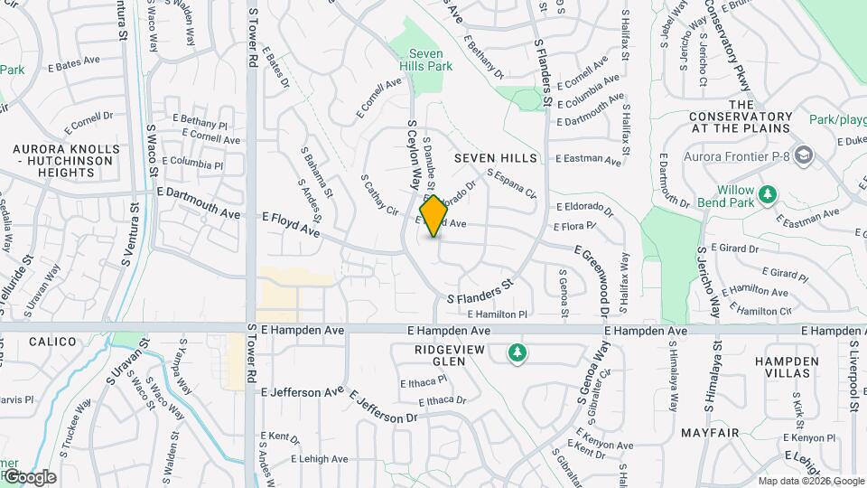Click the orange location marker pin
pos(434,216)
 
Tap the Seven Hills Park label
pos(425,60)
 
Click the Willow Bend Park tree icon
pos(768,193)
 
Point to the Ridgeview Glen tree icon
pos(517,352)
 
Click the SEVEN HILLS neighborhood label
pos(495,158)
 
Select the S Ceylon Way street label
pos(414,155)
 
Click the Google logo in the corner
pos(29,476)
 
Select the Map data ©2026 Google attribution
pos(811,481)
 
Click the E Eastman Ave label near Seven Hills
pos(588,160)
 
